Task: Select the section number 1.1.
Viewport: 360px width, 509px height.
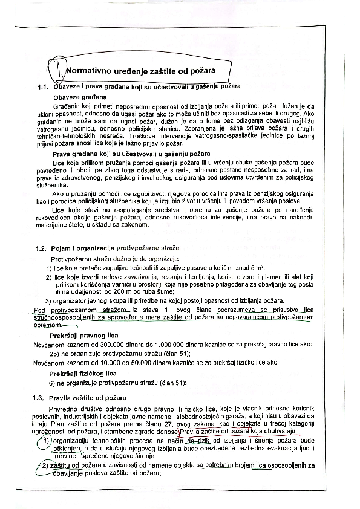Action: [42, 88]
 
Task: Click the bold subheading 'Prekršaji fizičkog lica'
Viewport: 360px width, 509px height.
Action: [82, 374]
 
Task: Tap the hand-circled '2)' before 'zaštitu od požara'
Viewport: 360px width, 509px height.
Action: [45, 465]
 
